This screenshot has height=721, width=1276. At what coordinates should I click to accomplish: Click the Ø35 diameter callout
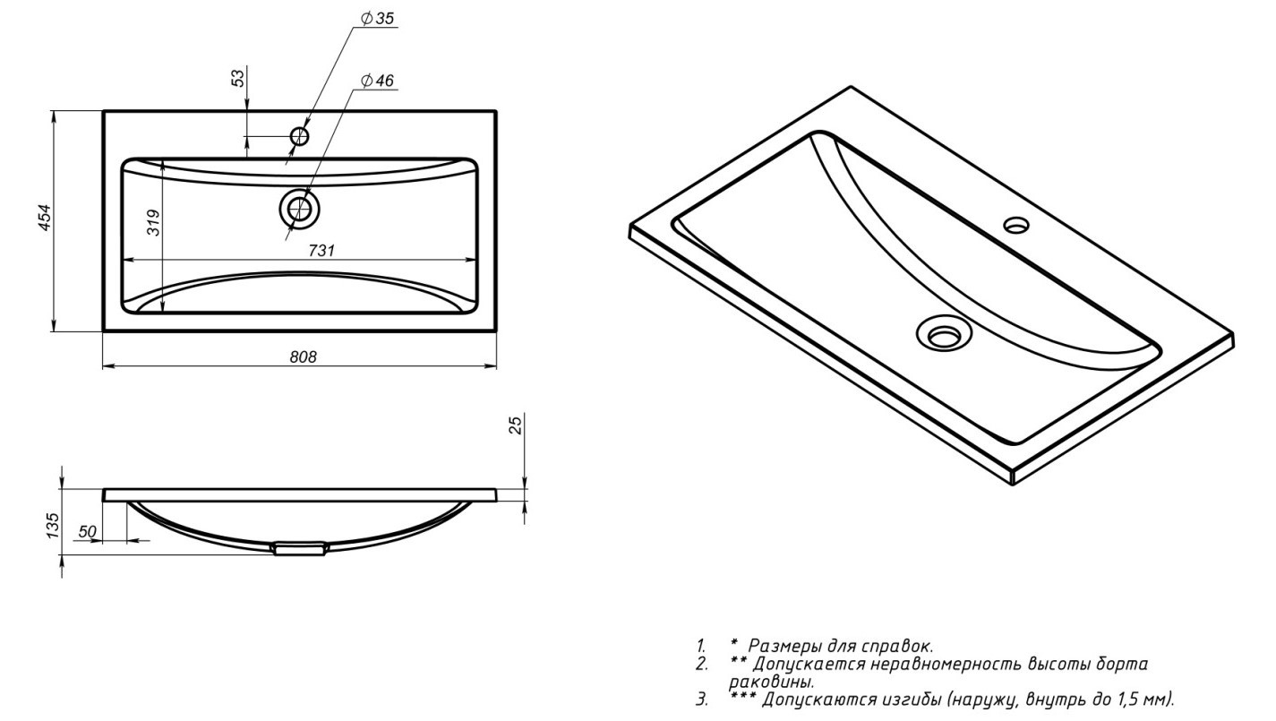377,19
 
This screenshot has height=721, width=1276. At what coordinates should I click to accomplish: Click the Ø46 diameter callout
377,81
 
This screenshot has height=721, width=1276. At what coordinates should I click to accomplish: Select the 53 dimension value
238,78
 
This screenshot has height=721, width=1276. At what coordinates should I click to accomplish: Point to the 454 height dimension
45,217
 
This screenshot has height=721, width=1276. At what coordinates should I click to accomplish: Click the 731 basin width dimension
321,250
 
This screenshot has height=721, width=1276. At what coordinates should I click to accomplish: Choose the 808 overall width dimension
303,356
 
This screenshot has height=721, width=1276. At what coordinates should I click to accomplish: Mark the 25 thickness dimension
515,425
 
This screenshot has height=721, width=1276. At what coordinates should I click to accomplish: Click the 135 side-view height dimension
52,526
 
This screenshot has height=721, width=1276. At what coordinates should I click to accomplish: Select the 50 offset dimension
87,532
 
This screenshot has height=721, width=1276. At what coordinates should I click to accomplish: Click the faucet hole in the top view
299,136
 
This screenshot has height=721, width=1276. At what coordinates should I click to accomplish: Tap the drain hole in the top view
299,209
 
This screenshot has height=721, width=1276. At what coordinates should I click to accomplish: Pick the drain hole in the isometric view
944,333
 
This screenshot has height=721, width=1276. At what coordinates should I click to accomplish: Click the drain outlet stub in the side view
300,549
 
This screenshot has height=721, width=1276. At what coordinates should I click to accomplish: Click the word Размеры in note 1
782,646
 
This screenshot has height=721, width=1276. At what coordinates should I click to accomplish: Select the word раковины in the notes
771,682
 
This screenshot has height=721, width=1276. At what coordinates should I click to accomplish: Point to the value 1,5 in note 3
1126,700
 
